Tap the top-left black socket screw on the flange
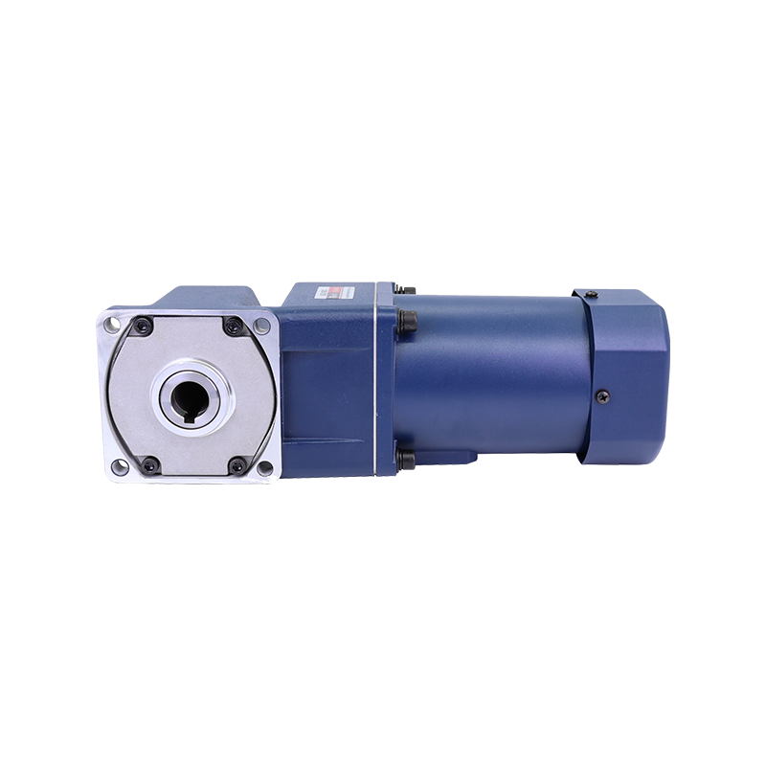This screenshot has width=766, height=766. coord(142,326)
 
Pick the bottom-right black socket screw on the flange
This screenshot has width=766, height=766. coord(236,466)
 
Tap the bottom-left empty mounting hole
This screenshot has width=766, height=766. coord(117,467)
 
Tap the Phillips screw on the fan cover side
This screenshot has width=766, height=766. coord(602,395)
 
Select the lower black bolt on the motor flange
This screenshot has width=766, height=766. coord(406,461)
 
